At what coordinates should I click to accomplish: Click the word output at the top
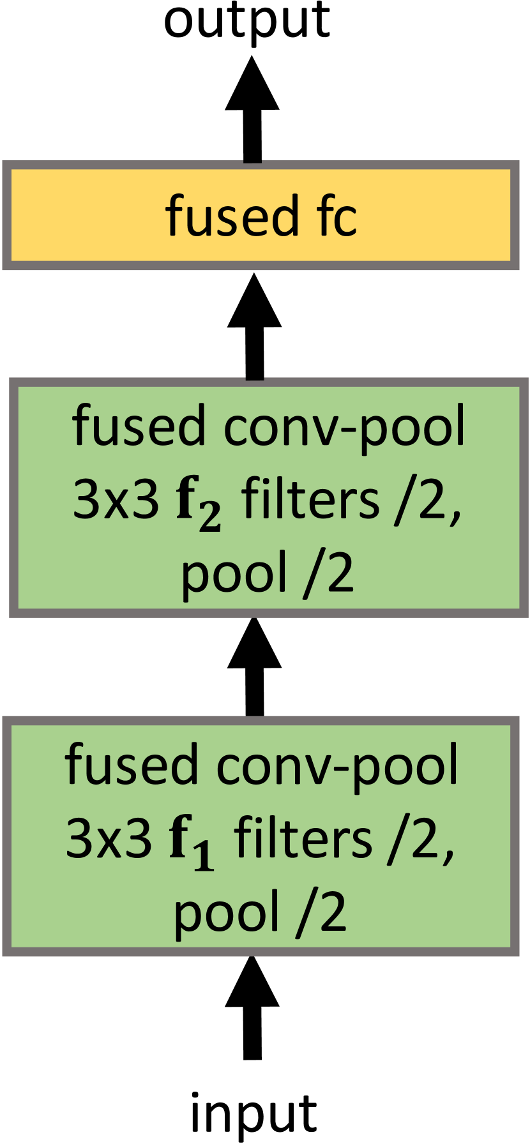[246, 22]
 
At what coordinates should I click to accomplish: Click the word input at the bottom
[254, 1114]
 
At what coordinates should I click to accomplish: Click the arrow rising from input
[252, 1009]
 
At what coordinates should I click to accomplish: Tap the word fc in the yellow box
[335, 216]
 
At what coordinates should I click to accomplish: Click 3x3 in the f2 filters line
[116, 500]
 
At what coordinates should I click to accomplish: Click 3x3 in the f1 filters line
[109, 838]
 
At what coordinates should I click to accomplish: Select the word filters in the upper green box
[310, 500]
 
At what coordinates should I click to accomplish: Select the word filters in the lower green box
[303, 838]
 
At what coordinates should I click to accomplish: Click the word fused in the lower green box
[132, 765]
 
